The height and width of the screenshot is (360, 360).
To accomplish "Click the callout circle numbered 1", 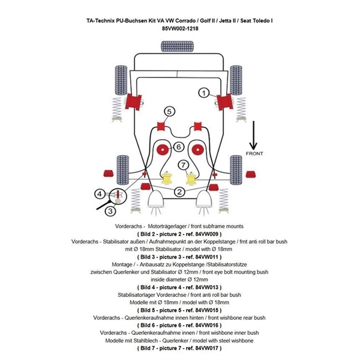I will [x=203, y=92].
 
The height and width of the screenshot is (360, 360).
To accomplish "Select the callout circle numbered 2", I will [x=179, y=191].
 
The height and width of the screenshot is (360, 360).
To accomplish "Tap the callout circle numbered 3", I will [x=110, y=210].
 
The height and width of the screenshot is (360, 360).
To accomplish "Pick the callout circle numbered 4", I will [x=100, y=194].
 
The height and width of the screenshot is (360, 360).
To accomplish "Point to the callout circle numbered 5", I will [x=170, y=111].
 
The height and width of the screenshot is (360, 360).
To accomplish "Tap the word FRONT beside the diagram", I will [x=254, y=154].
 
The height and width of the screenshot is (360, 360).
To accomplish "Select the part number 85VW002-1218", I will [x=180, y=28].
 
